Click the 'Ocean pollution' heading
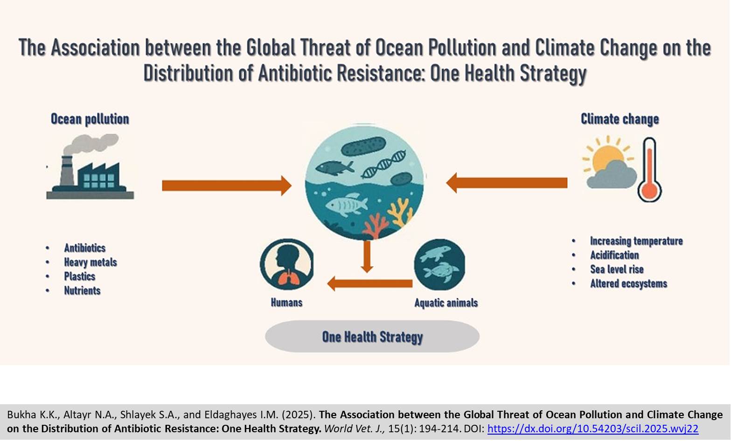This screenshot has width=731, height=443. point(90,119)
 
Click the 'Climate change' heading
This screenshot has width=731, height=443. point(620,119)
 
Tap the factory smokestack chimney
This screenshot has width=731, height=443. point(67,171)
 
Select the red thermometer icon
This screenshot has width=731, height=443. point(649,169)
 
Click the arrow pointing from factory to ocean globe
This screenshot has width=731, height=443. point(227,185)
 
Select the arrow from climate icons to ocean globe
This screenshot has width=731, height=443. point(507,183)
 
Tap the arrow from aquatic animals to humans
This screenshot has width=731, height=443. point(370,283)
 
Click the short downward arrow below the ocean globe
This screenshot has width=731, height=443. point(367,257)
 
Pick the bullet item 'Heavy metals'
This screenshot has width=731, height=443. point(91,262)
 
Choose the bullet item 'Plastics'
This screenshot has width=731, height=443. point(80,276)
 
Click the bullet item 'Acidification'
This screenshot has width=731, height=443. point(614,255)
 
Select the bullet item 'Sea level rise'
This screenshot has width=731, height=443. point(617,269)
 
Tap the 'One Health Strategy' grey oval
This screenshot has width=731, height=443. point(372,336)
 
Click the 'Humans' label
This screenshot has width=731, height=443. point(286,302)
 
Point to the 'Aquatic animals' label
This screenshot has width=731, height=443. point(446,303)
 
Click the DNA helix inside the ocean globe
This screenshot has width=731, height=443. point(384,164)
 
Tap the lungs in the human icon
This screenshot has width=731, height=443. point(287,279)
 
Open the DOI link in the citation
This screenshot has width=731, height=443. point(592,429)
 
